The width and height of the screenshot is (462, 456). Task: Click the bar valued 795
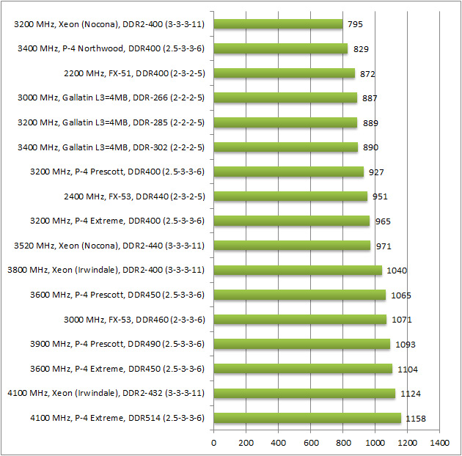pyautogui.click(x=279, y=24)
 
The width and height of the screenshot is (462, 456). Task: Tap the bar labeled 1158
pyautogui.click(x=308, y=419)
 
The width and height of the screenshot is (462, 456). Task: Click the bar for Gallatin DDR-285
pyautogui.click(x=286, y=122)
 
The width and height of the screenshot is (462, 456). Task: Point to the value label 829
pyautogui.click(x=361, y=49)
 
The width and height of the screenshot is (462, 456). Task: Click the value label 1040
pyautogui.click(x=396, y=271)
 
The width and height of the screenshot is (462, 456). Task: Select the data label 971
pyautogui.click(x=384, y=246)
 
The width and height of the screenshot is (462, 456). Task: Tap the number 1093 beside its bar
pyautogui.click(x=403, y=345)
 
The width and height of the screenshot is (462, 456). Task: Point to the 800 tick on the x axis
pyautogui.click(x=343, y=443)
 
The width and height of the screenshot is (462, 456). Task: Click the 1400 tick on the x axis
pyautogui.click(x=440, y=443)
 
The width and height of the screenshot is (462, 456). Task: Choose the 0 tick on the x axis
pyautogui.click(x=214, y=443)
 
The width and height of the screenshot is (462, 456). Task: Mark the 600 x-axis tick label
pyautogui.click(x=311, y=443)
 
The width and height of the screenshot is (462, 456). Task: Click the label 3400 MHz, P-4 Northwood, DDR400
pyautogui.click(x=111, y=49)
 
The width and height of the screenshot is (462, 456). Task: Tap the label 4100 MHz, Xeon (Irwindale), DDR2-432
pyautogui.click(x=106, y=394)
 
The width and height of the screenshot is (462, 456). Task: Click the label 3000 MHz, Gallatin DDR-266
pyautogui.click(x=111, y=98)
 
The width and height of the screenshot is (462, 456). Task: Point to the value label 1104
pyautogui.click(x=408, y=369)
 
